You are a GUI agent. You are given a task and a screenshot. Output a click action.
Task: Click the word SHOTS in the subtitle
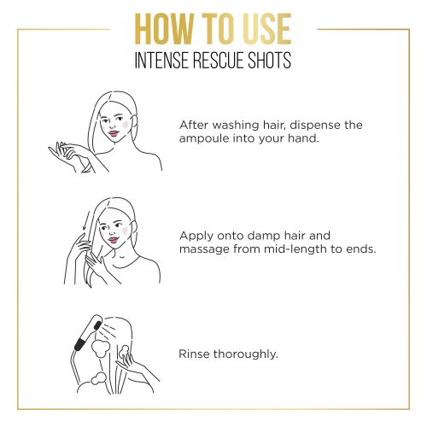pos(269,60)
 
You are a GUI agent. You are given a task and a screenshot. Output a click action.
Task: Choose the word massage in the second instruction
pos(205,250)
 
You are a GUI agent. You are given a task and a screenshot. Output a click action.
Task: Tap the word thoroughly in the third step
pos(245,354)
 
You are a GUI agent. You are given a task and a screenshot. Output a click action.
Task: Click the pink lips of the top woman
pos(114,133)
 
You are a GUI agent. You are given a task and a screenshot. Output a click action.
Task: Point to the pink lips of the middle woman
pos(113,240)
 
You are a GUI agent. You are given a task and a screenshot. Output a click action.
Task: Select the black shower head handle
pos(80,342)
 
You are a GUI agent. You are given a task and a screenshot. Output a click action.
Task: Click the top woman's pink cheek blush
pos(126,125)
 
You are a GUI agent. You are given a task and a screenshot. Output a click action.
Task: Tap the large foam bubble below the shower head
pos(101,348)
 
